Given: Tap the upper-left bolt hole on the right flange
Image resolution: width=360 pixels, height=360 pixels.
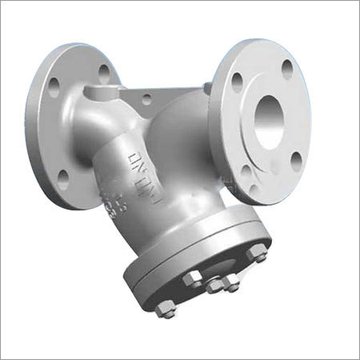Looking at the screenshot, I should click(238, 80).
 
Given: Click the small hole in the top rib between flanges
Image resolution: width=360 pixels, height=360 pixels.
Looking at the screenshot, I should click(146, 99).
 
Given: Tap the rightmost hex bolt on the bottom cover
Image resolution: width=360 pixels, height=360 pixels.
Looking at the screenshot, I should click(258, 257).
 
